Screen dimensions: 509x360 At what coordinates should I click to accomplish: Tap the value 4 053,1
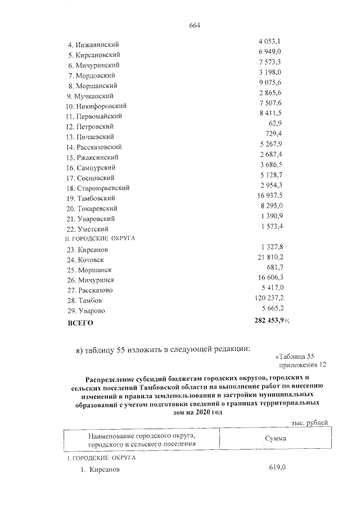(270, 42)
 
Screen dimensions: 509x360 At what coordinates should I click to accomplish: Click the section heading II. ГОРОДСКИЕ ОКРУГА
(101, 238)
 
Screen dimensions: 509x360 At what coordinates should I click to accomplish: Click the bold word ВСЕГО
(80, 323)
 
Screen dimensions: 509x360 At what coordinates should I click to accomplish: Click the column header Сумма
(276, 438)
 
